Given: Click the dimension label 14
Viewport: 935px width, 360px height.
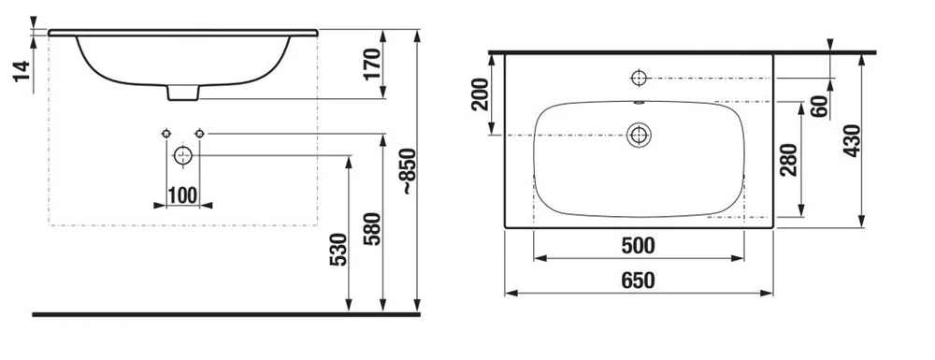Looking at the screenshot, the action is point(22,71).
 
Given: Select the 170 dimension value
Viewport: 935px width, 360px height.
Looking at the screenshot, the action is point(371,64).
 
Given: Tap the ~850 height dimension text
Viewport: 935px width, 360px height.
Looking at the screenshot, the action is point(409,172).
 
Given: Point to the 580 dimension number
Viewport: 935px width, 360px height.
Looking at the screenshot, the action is point(372,229).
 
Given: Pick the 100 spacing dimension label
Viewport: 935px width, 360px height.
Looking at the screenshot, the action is point(182,194).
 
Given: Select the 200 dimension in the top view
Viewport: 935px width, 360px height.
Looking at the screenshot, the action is point(480,94).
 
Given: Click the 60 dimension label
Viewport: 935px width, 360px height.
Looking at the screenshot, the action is point(820,106).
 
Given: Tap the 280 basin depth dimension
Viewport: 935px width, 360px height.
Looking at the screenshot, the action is point(788,159).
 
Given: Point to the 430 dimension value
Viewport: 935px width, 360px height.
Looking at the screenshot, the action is point(852,140).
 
